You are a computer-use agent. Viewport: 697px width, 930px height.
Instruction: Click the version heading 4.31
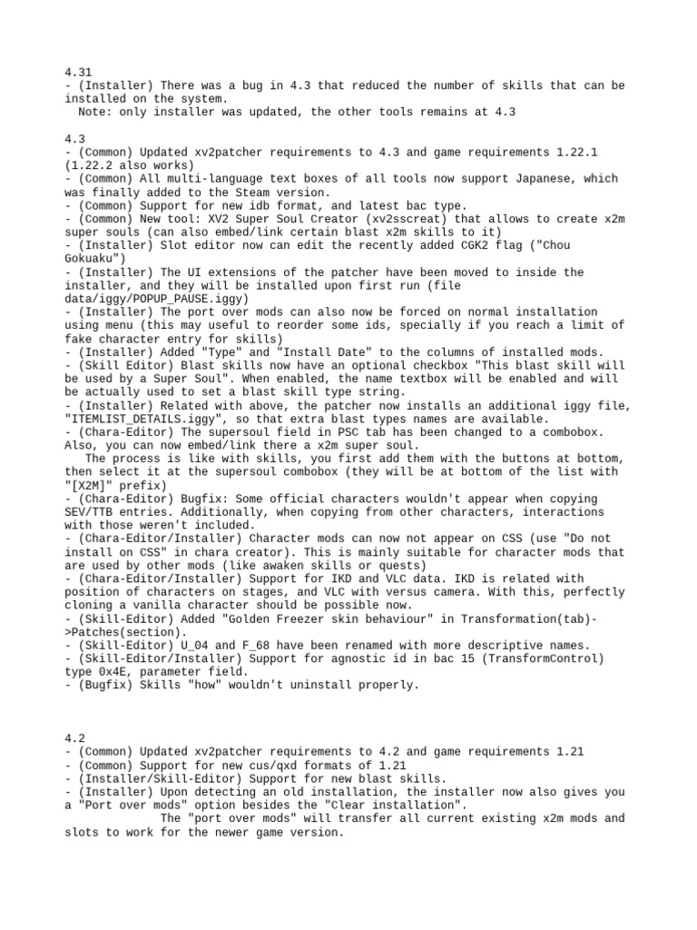78,72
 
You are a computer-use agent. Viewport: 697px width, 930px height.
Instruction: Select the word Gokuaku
92,258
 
